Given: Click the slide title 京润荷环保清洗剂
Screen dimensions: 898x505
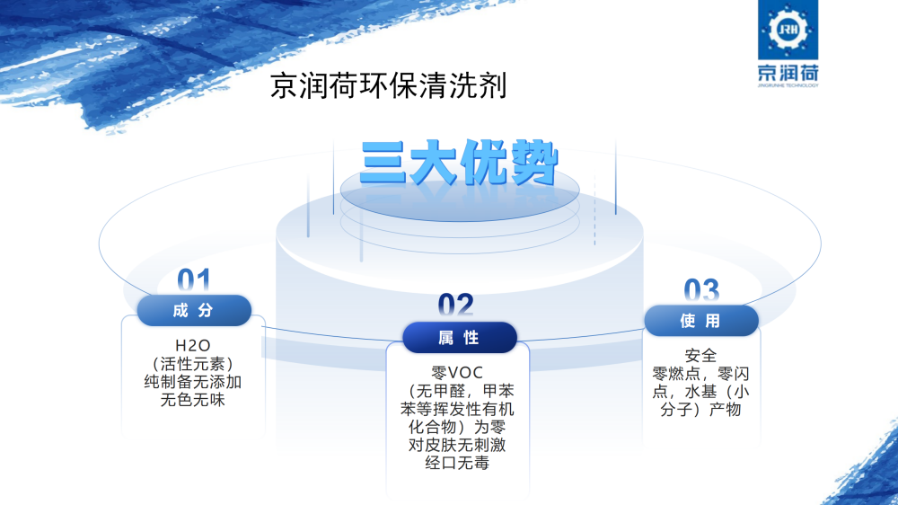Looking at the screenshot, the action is click(388, 85).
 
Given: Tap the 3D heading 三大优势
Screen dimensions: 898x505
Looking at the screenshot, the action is click(459, 163).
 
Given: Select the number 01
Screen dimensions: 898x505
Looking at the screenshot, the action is click(194, 280).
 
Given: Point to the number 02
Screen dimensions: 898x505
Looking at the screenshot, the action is click(456, 306).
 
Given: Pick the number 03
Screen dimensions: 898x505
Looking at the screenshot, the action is click(701, 290).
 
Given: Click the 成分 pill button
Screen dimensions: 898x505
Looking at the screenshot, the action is click(194, 311).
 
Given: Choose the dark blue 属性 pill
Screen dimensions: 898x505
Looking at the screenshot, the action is click(459, 338).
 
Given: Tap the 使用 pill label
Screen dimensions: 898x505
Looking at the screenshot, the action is click(701, 321).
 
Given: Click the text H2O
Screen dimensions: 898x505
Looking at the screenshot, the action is click(193, 346).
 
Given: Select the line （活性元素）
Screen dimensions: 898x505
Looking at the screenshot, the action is click(193, 364).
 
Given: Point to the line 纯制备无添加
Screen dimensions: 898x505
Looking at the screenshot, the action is click(193, 382).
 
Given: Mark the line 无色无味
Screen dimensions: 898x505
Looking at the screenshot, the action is click(193, 400).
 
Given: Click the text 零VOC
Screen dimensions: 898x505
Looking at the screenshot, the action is click(457, 373).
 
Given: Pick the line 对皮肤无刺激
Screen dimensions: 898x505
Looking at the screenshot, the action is click(457, 445).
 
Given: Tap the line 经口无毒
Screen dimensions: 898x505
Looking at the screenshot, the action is click(457, 463).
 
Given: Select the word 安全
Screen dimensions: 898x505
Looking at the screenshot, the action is click(701, 356).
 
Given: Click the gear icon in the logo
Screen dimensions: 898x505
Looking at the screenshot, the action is click(788, 30).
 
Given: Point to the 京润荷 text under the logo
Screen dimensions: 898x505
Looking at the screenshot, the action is click(788, 73).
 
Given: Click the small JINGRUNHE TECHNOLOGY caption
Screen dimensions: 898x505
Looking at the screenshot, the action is click(788, 85).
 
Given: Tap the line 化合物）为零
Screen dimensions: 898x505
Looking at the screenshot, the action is click(457, 427).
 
